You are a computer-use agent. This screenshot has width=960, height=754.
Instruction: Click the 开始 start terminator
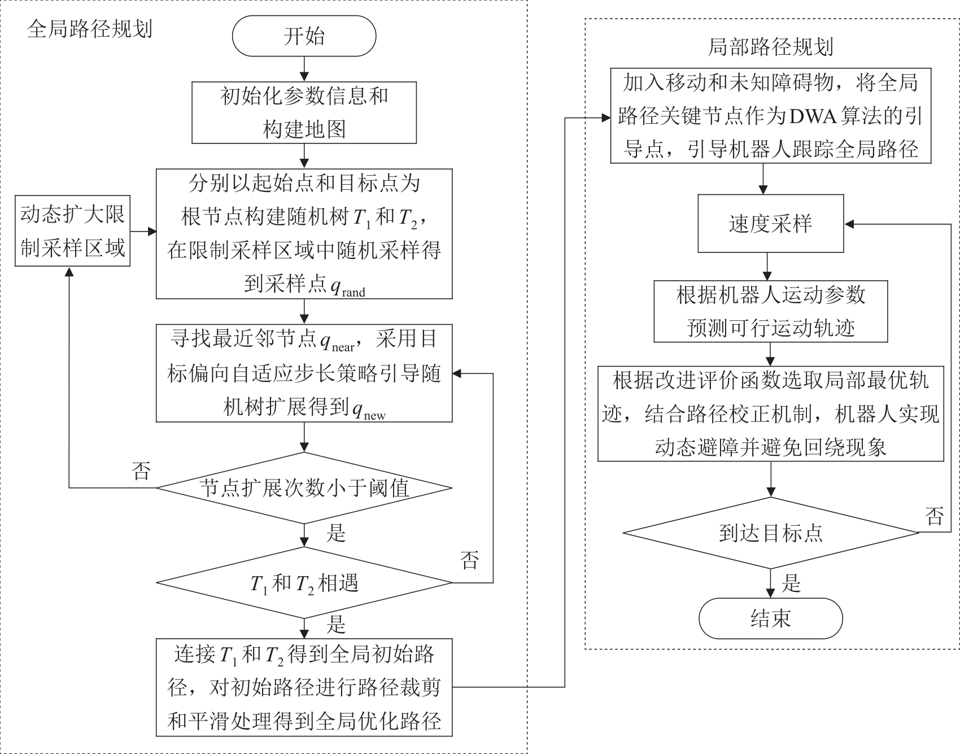point(304,36)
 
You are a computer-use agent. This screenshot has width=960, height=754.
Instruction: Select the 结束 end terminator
point(770,618)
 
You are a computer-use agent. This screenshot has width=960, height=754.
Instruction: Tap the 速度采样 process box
point(770,224)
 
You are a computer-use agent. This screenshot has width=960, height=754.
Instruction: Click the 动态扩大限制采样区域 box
point(72,231)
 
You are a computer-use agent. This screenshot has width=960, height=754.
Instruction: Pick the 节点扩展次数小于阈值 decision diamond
point(304,488)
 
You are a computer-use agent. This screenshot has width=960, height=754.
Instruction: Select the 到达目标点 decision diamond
point(770,533)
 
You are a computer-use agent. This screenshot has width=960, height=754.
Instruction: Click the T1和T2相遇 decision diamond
point(304,583)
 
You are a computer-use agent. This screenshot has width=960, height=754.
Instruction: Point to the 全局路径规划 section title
point(90,29)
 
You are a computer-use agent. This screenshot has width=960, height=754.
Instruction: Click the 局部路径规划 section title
point(770,47)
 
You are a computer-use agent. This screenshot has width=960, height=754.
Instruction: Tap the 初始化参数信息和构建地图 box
point(304,112)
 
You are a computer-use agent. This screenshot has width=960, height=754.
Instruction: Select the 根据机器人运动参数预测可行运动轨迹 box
point(770,311)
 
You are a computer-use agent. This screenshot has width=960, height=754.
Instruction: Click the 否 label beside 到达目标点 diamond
point(935,515)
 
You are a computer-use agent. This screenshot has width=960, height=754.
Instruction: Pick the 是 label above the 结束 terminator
point(791,583)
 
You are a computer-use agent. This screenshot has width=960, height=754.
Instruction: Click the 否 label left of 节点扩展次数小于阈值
point(141,470)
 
